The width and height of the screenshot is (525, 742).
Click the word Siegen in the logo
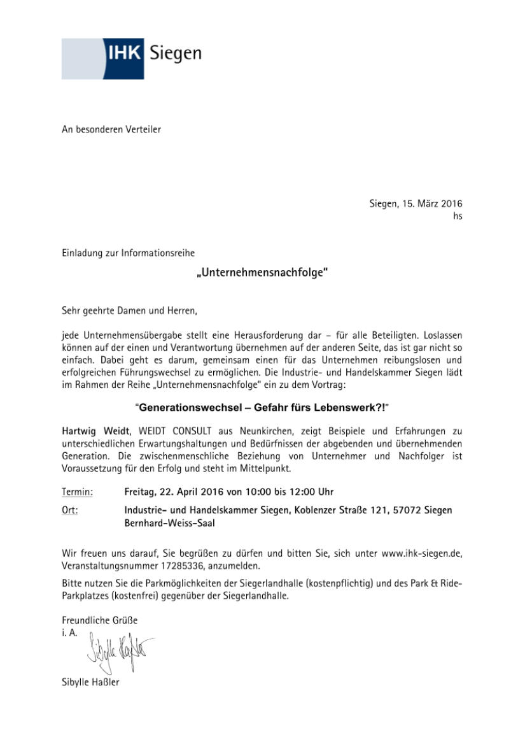click(x=176, y=54)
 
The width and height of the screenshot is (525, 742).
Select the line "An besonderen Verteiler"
click(x=111, y=130)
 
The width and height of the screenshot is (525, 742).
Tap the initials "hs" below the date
click(x=458, y=217)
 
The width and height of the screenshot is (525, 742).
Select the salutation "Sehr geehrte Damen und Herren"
click(x=130, y=311)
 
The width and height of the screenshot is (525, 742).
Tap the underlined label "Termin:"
click(x=78, y=492)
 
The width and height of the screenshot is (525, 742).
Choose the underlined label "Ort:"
click(x=70, y=511)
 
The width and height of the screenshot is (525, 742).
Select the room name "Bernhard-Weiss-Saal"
click(x=170, y=524)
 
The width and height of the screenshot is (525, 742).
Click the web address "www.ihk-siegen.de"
click(x=421, y=553)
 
